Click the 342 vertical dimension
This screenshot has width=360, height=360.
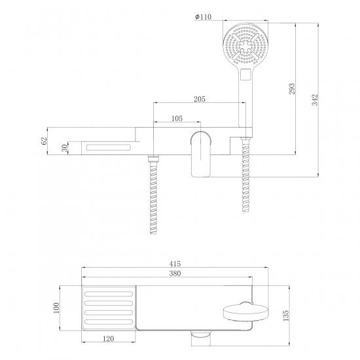point(315,100)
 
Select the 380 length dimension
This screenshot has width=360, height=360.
point(175,275)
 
